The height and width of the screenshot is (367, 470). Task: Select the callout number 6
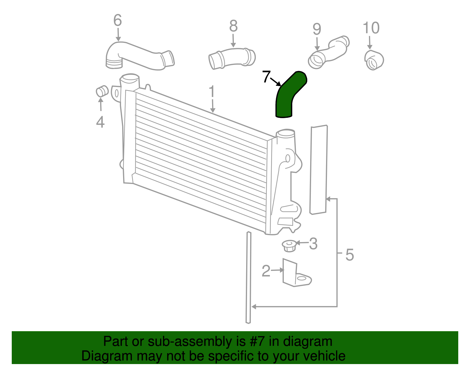(x=117, y=21)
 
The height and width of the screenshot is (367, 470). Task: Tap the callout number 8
(x=233, y=26)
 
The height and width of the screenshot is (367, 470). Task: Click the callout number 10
(x=371, y=28)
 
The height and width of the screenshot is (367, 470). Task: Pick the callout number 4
(x=100, y=122)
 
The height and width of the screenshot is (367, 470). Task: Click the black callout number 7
(x=266, y=77)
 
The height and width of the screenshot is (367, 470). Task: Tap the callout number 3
(x=313, y=244)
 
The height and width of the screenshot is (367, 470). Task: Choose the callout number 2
(x=266, y=271)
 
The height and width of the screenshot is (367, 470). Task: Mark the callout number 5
(x=350, y=254)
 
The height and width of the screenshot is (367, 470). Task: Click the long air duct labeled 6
(x=138, y=56)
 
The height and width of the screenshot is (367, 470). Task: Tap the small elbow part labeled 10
(x=374, y=60)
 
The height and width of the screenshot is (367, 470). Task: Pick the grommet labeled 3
(x=289, y=246)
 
